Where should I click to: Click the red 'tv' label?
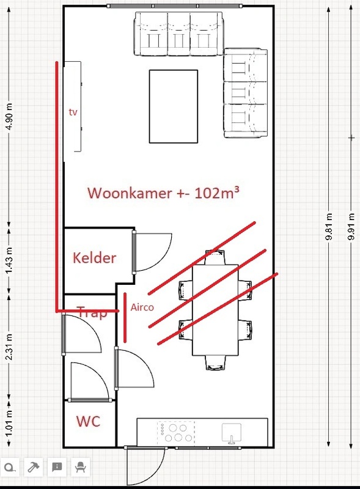pos(73,112)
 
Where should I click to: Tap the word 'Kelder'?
pos(94,257)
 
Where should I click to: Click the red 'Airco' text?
pos(142,307)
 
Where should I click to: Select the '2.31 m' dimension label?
pos(9,347)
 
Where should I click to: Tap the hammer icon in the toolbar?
pos(32,468)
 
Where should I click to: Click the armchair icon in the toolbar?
pos(80,468)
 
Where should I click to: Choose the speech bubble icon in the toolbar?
pos(56,468)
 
